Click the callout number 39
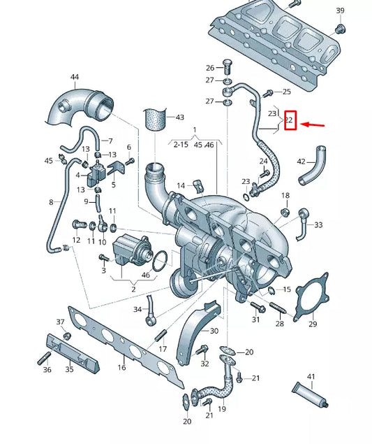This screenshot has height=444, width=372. (340, 10)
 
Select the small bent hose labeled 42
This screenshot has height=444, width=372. (311, 172)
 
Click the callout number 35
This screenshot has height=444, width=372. (69, 368)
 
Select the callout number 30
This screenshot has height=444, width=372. (214, 331)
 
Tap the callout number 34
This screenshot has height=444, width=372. (137, 308)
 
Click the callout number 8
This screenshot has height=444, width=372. (50, 202)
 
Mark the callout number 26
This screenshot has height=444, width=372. (210, 68)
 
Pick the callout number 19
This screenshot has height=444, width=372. (222, 408)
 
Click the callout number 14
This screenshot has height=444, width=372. (180, 185)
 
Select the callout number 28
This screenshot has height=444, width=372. (280, 324)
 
